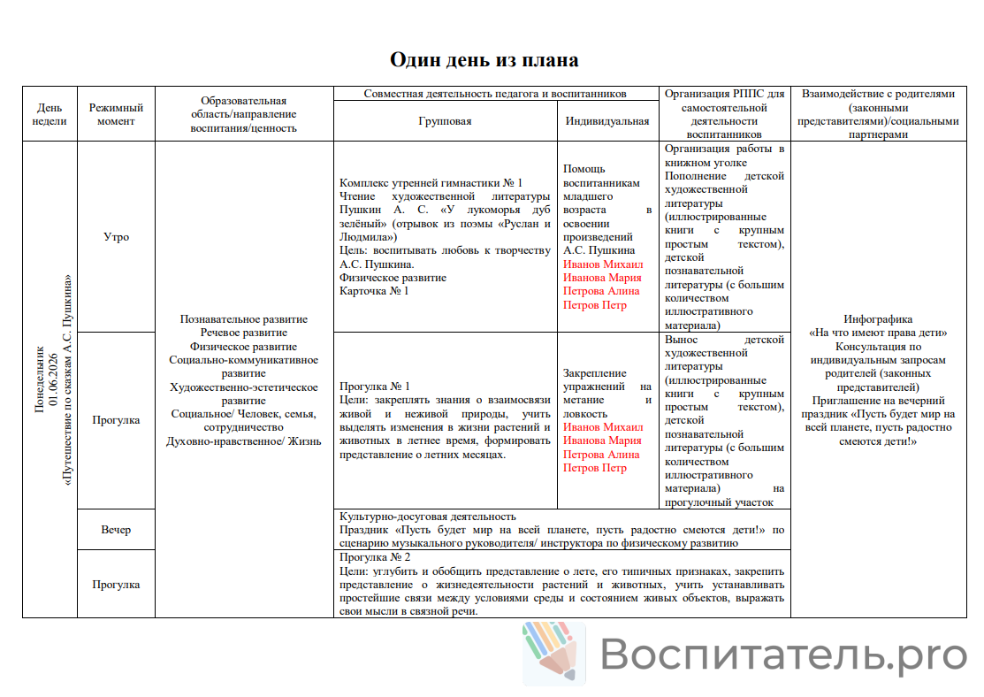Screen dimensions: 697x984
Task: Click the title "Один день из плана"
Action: (484, 60)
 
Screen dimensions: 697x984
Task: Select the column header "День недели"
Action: (50, 114)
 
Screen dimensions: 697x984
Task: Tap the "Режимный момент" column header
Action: (116, 114)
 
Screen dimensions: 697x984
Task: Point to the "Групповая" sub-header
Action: (445, 122)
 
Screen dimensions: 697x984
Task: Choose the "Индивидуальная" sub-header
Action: (607, 122)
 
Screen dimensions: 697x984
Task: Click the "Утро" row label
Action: (116, 237)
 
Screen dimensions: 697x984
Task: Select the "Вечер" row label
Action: (116, 530)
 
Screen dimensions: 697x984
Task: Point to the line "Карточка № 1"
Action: (374, 290)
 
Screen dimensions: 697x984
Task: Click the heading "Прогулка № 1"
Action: (375, 387)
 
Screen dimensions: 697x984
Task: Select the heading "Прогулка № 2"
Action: (375, 558)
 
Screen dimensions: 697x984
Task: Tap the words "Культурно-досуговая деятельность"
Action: (428, 517)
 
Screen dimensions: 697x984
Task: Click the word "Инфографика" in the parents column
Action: (878, 319)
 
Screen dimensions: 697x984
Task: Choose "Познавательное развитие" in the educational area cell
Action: (243, 319)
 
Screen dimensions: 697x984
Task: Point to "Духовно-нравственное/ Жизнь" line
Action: (243, 441)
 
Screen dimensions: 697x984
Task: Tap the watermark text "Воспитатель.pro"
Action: (783, 655)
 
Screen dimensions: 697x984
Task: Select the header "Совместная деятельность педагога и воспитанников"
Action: (495, 93)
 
